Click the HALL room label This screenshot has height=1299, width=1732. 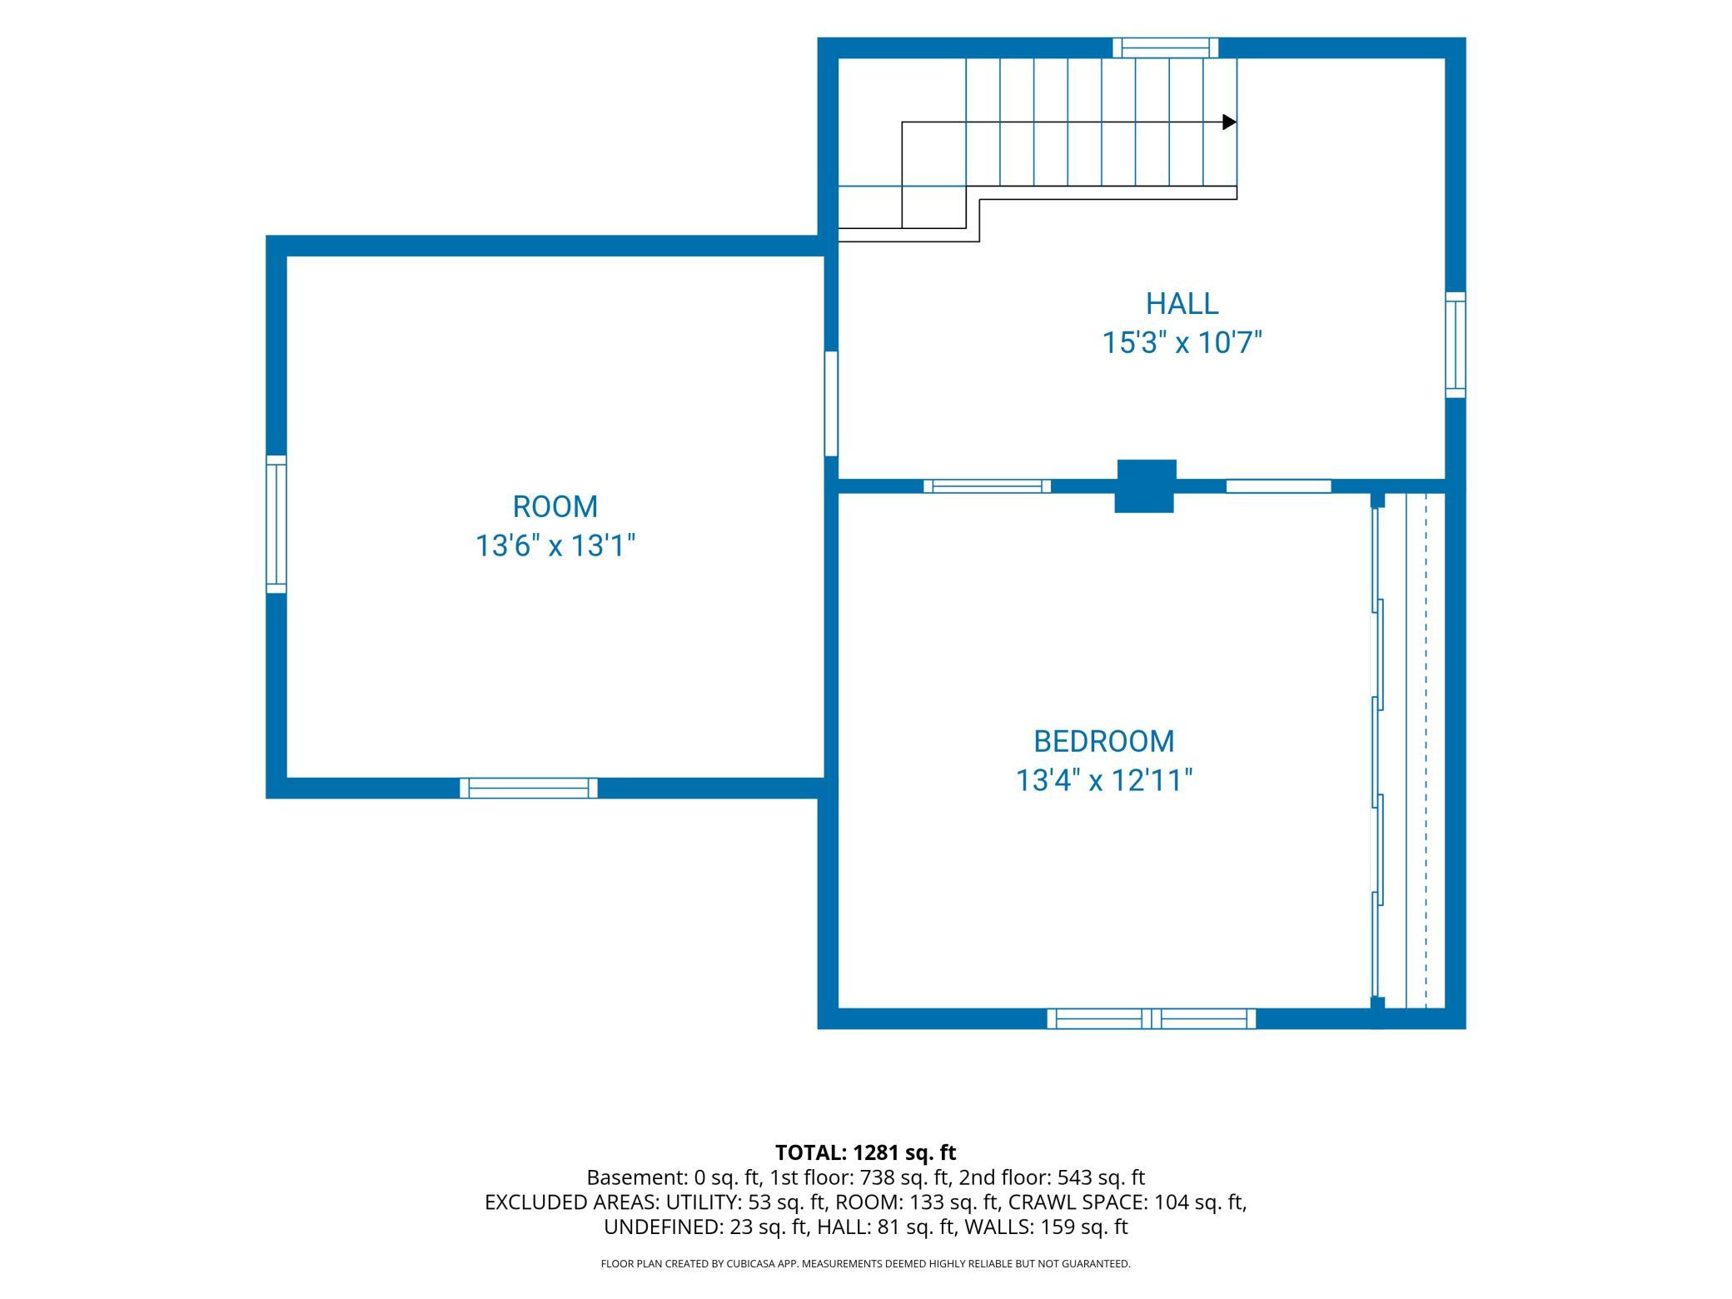tap(1182, 304)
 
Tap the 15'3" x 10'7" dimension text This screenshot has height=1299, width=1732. tap(1182, 343)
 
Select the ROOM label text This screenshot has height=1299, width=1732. tap(555, 506)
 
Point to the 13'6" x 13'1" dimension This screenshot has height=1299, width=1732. tap(555, 546)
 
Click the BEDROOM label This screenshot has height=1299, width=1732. tap(1104, 741)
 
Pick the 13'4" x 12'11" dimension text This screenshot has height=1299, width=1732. tap(1104, 781)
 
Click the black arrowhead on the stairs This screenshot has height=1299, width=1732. tap(1229, 122)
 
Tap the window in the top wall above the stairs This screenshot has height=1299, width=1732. tap(1166, 47)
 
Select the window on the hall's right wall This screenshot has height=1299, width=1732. tap(1456, 345)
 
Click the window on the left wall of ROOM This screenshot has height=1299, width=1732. tap(276, 525)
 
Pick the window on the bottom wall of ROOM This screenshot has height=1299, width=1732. tap(529, 788)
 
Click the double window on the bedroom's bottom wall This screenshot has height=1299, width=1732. tap(1152, 1018)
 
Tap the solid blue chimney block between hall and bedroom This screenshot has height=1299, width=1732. tap(1146, 486)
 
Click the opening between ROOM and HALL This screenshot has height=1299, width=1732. tap(831, 404)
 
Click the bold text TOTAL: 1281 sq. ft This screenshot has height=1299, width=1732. tap(866, 1152)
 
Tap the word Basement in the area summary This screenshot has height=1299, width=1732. tap(635, 1177)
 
